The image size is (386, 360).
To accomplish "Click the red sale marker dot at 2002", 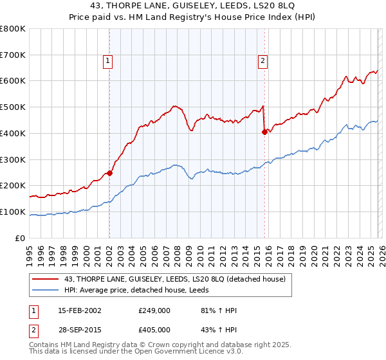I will click(109, 172).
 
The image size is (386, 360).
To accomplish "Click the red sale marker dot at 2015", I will click(264, 132).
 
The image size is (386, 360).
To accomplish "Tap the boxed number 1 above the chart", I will click(107, 62).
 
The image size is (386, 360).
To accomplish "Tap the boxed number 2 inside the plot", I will click(263, 62).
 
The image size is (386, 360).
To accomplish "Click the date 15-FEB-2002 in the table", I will click(76, 310).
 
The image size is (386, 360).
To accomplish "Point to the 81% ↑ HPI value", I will click(219, 310).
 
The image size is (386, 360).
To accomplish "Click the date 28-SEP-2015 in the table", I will click(76, 329).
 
